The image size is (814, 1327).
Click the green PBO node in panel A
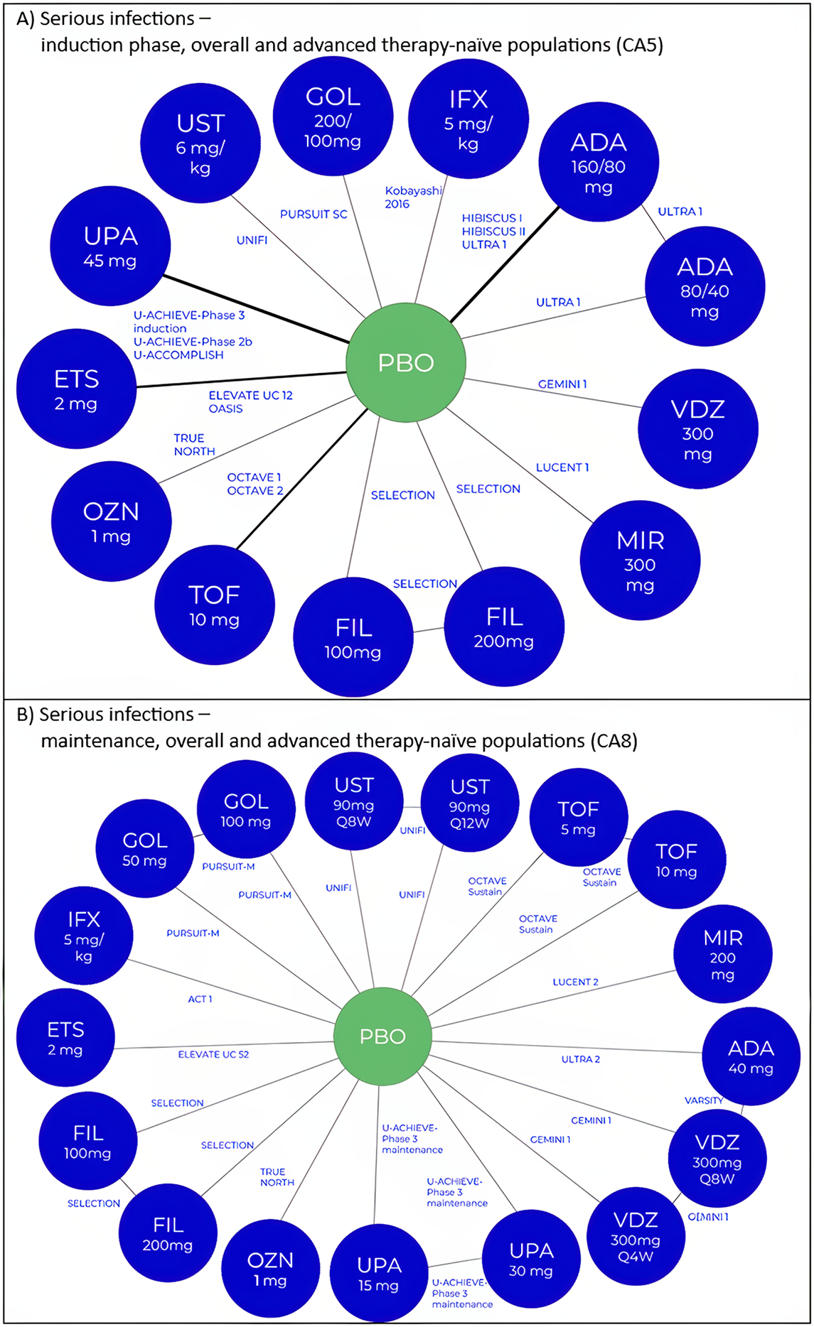coord(405,362)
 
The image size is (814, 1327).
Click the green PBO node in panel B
coord(382,1036)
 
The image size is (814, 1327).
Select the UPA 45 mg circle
coord(110,247)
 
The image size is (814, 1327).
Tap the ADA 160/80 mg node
coord(599,163)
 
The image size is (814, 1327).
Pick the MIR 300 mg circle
coord(640,560)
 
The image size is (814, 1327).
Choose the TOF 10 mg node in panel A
coord(214,605)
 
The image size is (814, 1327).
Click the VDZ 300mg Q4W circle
coord(636,1237)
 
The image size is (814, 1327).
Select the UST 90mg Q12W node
coord(469,803)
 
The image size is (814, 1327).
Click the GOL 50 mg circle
coord(145,848)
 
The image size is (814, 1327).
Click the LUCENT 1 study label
coord(562,467)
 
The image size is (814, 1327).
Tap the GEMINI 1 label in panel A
coord(562,384)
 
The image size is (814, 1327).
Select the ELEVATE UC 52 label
coord(213,1054)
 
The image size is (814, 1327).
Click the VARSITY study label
coord(703,1100)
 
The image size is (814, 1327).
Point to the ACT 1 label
coord(200,999)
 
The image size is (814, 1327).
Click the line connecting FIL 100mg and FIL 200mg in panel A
coord(429,629)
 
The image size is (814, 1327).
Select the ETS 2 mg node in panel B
coord(65,1037)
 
